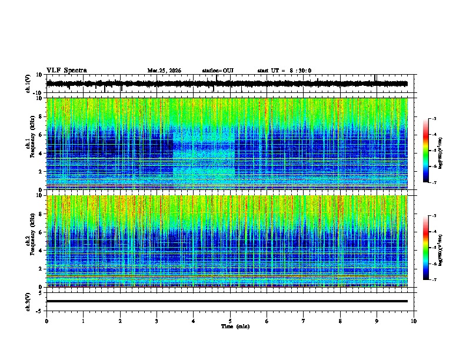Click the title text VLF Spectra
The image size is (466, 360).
(66, 70)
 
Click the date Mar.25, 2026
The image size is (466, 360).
(164, 71)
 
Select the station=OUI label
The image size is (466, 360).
(218, 71)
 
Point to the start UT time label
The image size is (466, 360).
(284, 71)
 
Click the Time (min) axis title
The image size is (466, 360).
(235, 326)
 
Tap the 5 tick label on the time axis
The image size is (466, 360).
(230, 321)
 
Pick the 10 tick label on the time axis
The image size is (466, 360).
(414, 321)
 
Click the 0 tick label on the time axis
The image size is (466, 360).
(46, 321)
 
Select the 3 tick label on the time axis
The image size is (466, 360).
(157, 321)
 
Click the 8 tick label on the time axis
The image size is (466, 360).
(340, 321)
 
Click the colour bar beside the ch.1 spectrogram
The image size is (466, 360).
(426, 151)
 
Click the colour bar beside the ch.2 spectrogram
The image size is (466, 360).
(426, 248)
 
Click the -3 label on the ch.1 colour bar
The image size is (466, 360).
(434, 119)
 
